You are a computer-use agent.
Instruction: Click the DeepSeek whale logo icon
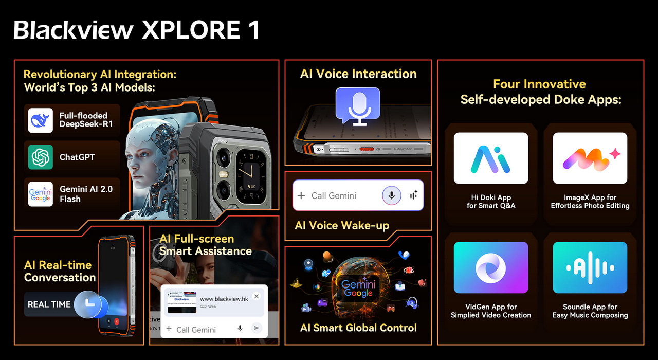[41, 120]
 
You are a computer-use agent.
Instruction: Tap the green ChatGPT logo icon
[41, 157]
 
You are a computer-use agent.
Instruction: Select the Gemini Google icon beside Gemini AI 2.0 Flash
[41, 194]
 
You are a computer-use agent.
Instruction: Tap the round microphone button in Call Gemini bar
[391, 195]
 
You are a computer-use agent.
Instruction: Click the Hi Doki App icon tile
[490, 158]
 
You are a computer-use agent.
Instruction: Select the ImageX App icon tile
[590, 158]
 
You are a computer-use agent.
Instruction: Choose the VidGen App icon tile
[490, 267]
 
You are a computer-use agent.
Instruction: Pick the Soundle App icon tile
[590, 267]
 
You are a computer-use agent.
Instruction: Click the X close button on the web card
[257, 296]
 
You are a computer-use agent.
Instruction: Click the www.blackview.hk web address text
[224, 299]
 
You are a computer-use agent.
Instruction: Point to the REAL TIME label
[49, 304]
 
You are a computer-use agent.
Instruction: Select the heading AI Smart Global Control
[358, 328]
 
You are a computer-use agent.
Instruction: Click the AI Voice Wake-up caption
[342, 225]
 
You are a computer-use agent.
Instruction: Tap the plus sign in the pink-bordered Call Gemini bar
[301, 195]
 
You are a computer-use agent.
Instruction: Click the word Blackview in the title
[74, 31]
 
